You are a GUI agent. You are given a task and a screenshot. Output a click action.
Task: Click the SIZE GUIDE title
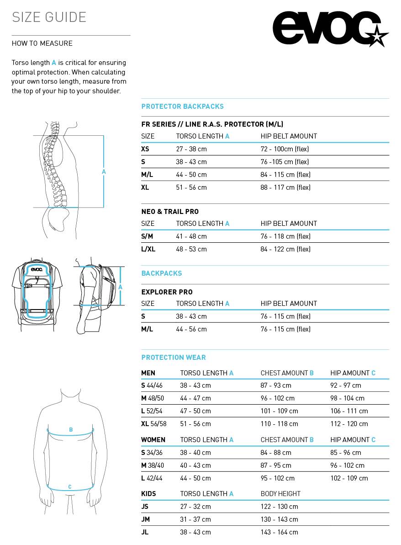(x=49, y=17)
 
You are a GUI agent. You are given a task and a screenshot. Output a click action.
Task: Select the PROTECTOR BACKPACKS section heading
(x=182, y=107)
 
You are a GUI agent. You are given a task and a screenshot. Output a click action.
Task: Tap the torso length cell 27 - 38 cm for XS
(x=191, y=149)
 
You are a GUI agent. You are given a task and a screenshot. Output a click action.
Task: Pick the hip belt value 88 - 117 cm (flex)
(x=285, y=187)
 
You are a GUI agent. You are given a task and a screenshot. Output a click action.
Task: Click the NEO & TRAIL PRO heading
(x=170, y=212)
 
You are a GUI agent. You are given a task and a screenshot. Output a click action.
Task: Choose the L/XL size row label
(x=148, y=249)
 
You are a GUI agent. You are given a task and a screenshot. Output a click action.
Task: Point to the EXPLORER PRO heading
(x=167, y=292)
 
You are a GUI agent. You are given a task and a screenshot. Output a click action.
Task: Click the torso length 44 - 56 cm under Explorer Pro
(x=191, y=329)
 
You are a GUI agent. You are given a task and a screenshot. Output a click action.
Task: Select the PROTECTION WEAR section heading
(x=174, y=358)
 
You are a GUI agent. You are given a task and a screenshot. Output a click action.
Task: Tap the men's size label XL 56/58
(x=154, y=424)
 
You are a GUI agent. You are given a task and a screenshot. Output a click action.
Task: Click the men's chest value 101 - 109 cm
(x=279, y=411)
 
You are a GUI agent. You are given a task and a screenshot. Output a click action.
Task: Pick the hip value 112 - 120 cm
(x=349, y=424)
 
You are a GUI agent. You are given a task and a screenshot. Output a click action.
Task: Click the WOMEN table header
(x=153, y=440)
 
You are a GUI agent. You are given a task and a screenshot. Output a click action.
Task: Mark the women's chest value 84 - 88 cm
(x=276, y=453)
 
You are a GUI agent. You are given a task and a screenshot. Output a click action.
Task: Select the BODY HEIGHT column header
(x=280, y=494)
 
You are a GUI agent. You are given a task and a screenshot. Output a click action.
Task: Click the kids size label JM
(x=146, y=519)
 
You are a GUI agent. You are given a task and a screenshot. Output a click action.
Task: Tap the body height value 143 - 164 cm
(x=279, y=532)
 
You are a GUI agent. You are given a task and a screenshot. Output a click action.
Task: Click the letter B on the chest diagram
(x=71, y=430)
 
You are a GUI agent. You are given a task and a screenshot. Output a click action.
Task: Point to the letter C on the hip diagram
(x=70, y=487)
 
